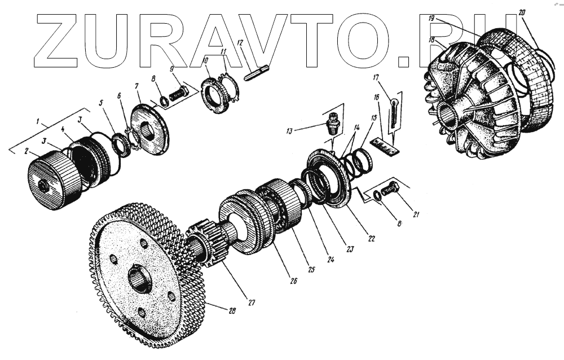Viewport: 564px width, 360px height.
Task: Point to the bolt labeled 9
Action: tap(178, 94)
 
